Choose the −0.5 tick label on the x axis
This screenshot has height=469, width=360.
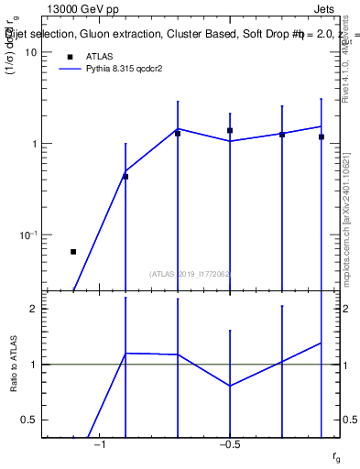pyautogui.click(x=229, y=445)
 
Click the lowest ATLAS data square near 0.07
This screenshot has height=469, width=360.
pyautogui.click(x=73, y=251)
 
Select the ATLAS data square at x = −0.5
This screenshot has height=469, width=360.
pyautogui.click(x=230, y=131)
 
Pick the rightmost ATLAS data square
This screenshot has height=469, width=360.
pyautogui.click(x=322, y=136)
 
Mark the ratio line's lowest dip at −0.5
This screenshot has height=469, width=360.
pyautogui.click(x=230, y=386)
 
